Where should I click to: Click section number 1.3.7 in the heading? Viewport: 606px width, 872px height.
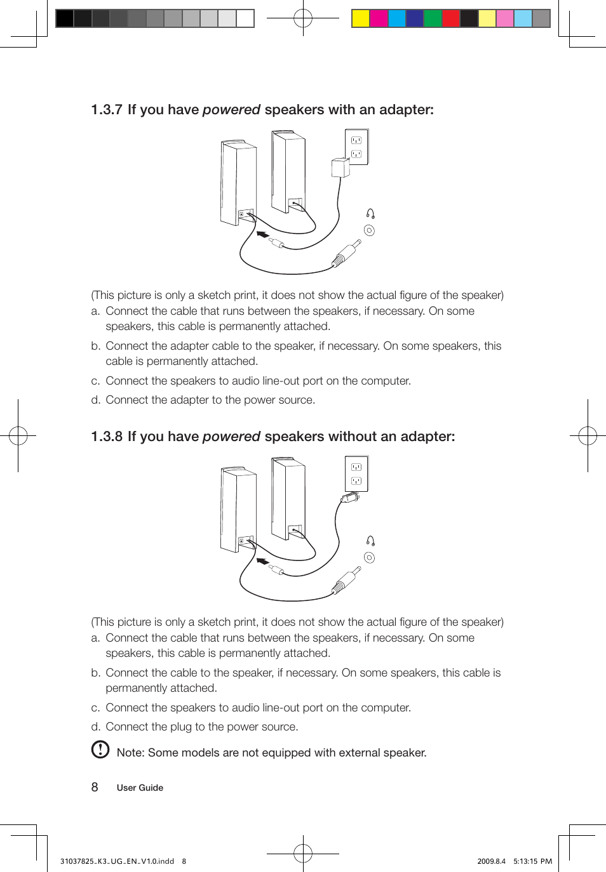point(106,110)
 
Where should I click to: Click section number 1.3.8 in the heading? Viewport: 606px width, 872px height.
point(106,437)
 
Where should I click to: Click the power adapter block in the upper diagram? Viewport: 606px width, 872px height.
point(340,168)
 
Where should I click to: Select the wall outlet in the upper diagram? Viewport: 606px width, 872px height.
point(356,147)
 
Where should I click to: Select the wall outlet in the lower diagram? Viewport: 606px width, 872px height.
point(356,473)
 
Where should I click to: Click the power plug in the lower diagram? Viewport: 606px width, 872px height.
point(350,498)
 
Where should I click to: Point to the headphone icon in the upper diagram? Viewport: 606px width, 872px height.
point(370,214)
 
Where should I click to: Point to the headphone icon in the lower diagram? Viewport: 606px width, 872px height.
point(370,541)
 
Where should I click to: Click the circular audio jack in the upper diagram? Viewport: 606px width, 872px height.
point(369,230)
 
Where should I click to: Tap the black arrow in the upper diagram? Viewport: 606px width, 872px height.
point(262,235)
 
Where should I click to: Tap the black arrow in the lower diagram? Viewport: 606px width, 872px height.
point(262,562)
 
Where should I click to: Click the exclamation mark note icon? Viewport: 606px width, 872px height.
point(100,750)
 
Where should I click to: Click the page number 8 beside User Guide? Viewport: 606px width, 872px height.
point(95,788)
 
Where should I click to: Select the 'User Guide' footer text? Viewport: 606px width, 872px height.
point(140,788)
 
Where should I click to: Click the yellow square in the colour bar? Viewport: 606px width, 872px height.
point(361,18)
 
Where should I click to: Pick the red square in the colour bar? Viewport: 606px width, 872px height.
point(450,18)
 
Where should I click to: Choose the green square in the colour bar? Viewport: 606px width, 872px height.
point(433,18)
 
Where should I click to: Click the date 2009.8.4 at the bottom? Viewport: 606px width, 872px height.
point(491,861)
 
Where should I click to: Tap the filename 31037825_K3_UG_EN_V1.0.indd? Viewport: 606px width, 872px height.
point(117,861)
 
